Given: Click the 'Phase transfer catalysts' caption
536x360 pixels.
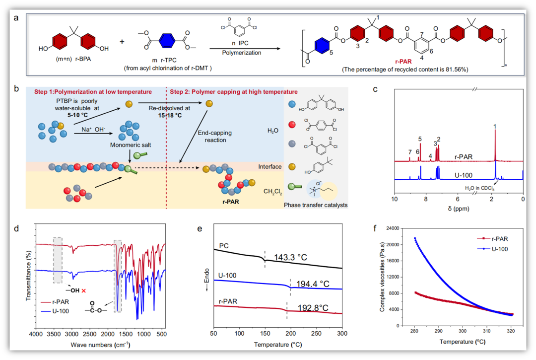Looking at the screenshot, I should [316, 205].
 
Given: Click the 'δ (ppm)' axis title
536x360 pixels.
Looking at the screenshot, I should [458, 209].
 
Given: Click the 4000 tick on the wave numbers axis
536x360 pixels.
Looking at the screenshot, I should [36, 335].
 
